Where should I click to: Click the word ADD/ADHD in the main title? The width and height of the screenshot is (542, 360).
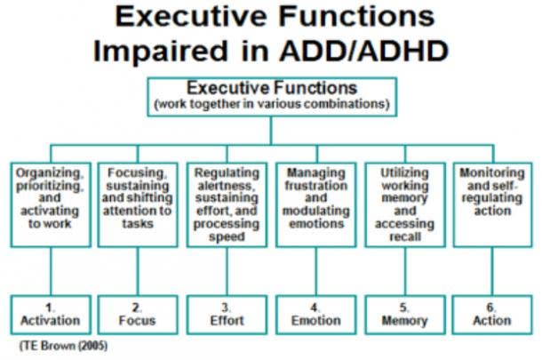[364, 51]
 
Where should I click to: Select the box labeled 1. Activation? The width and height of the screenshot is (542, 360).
[51, 315]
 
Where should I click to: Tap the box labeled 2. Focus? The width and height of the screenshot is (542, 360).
[138, 315]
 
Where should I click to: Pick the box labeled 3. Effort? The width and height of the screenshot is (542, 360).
[227, 315]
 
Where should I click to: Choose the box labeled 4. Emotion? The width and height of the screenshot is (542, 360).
[316, 315]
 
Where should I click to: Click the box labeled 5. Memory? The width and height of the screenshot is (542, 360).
[405, 315]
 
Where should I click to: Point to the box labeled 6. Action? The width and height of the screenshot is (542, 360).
[492, 315]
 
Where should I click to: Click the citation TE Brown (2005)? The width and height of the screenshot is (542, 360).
[64, 346]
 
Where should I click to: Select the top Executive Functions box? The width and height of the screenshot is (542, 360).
[272, 97]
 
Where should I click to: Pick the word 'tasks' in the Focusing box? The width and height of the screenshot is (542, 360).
[138, 223]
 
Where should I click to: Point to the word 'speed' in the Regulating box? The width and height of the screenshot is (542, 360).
[227, 236]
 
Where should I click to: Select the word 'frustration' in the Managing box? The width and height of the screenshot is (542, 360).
[316, 186]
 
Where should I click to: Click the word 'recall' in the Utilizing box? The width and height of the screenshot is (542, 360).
[405, 236]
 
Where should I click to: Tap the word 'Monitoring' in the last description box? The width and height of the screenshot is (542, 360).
[492, 172]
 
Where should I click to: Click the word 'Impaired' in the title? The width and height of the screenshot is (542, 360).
[161, 51]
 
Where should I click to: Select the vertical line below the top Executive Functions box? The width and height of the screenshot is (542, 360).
[271, 131]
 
